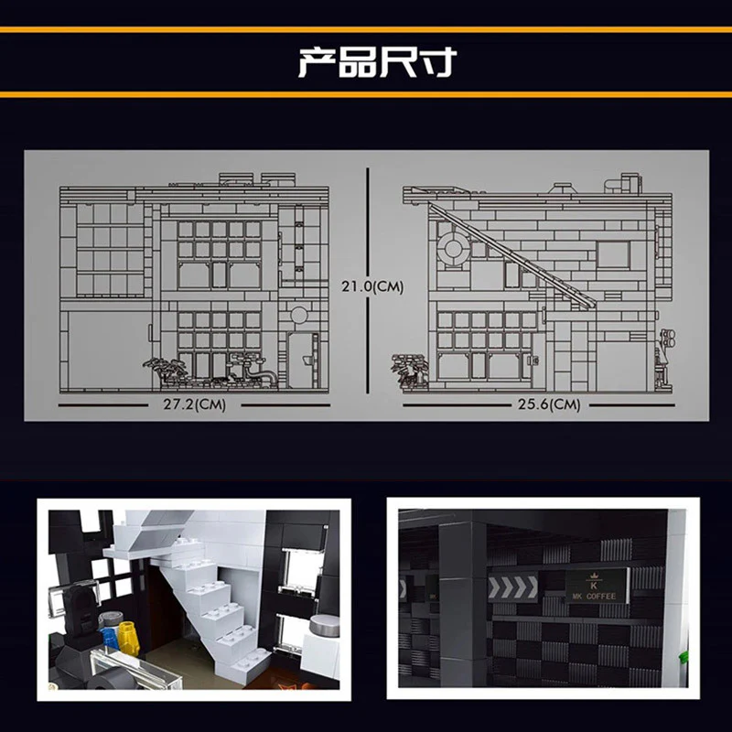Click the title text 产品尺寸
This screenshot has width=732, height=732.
tap(377, 61)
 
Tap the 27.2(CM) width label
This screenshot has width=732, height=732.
tap(194, 404)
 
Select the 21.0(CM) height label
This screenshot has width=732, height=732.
tap(372, 286)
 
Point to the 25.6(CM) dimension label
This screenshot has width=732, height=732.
tap(549, 404)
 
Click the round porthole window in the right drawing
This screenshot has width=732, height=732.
tap(453, 248)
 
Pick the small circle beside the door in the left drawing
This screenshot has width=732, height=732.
tap(299, 315)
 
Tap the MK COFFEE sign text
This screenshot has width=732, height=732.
tap(594, 597)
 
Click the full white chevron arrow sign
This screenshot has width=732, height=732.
tap(512, 588)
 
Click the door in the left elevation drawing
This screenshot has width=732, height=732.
tap(303, 360)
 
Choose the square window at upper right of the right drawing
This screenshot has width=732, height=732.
tap(613, 255)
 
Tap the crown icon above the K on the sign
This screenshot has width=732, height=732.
tap(594, 576)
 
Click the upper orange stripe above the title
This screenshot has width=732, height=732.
tap(366, 30)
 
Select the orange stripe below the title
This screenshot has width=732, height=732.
tap(366, 95)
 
